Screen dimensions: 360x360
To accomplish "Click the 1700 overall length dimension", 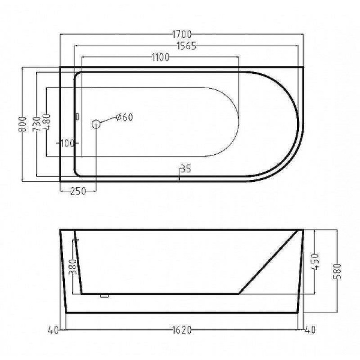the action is pyautogui.click(x=182, y=34).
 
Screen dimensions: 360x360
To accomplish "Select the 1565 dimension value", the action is pyautogui.click(x=187, y=46).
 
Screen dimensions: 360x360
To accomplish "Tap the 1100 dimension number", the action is pyautogui.click(x=160, y=57).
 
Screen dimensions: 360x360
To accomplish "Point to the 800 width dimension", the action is pyautogui.click(x=23, y=124).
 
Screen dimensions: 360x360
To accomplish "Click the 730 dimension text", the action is pyautogui.click(x=37, y=124).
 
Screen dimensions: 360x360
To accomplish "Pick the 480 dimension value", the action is pyautogui.click(x=47, y=122).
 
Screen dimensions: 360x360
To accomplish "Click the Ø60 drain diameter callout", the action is pyautogui.click(x=124, y=118).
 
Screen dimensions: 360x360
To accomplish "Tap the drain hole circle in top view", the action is pyautogui.click(x=96, y=124).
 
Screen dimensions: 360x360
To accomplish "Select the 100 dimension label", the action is pyautogui.click(x=68, y=143).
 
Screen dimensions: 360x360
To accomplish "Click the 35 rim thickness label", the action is pyautogui.click(x=186, y=169).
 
